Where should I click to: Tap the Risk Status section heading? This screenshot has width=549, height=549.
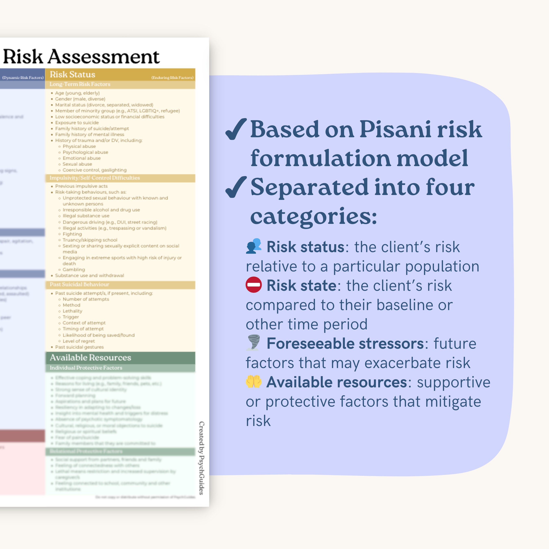72,74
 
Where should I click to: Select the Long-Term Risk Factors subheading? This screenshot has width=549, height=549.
80,84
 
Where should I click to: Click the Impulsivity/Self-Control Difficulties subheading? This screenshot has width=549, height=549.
95,178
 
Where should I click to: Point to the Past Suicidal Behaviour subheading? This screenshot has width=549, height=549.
79,284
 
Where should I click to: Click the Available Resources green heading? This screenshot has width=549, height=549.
90,357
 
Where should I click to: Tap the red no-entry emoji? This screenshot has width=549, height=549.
254,285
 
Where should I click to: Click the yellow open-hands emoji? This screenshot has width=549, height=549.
254,382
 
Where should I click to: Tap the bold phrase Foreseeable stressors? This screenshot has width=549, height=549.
345,344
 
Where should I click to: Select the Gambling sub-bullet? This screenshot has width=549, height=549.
74,270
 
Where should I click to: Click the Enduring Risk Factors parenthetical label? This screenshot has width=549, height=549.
172,78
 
